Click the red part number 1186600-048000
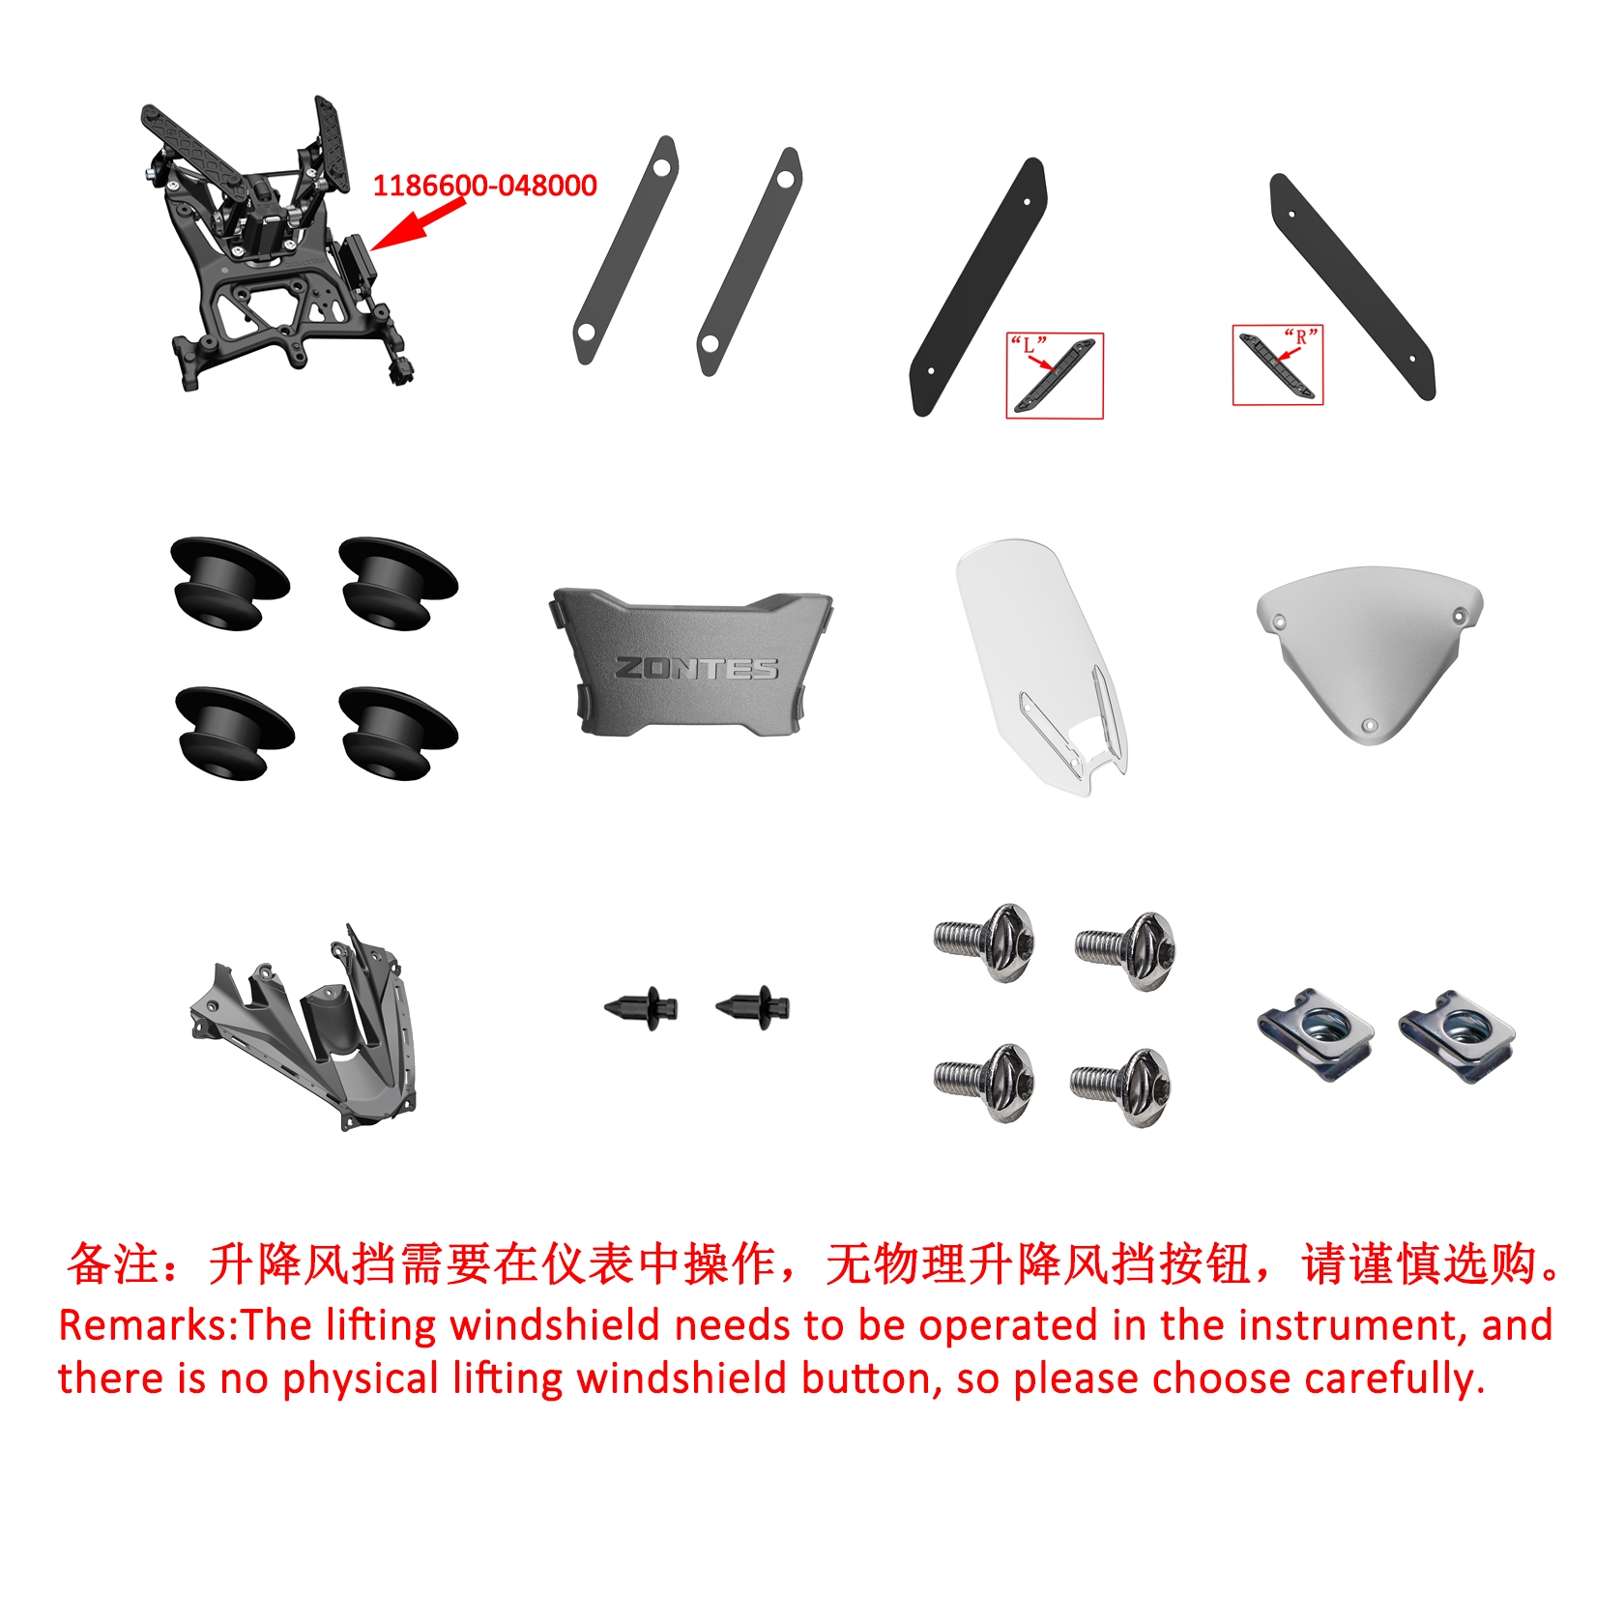[x=484, y=185]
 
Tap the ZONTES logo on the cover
[x=697, y=668]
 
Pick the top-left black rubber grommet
[x=229, y=583]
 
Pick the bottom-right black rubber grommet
[x=398, y=734]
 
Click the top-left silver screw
[x=985, y=942]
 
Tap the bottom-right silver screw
[x=1121, y=1087]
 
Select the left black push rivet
[x=641, y=1008]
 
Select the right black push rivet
[x=753, y=1008]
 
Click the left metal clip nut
[x=1316, y=1033]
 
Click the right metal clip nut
[x=1457, y=1036]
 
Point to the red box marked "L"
[x=1055, y=376]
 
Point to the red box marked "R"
[x=1278, y=364]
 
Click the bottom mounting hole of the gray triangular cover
[x=1368, y=725]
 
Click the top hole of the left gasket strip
[x=661, y=168]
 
